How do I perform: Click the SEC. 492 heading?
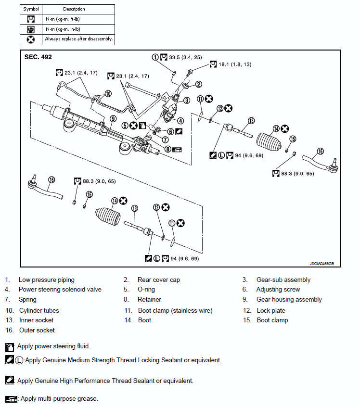click(x=38, y=57)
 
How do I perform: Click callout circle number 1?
click(x=155, y=57)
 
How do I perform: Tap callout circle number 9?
click(x=113, y=118)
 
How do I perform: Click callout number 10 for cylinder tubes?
click(x=108, y=93)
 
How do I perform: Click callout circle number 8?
click(x=167, y=149)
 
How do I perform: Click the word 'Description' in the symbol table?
click(x=74, y=9)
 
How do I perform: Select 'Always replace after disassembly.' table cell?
click(x=79, y=38)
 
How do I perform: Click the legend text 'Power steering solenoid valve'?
click(x=60, y=290)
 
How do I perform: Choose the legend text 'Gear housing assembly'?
click(x=289, y=300)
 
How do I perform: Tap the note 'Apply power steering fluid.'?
click(x=53, y=346)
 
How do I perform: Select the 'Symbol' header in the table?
click(x=31, y=9)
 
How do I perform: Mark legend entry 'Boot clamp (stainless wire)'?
click(x=175, y=311)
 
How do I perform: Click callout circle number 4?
click(x=180, y=120)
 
